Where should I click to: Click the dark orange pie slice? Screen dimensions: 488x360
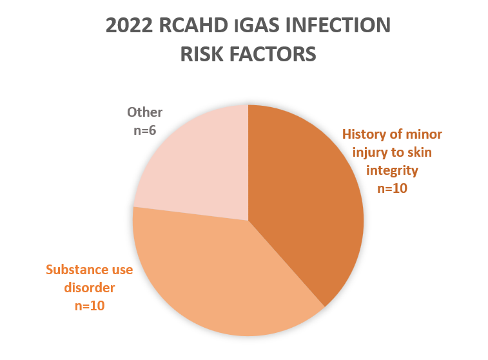[x=305, y=199]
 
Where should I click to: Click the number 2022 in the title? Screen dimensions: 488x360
[x=129, y=25]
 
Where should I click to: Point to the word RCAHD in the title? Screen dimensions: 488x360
[x=193, y=25]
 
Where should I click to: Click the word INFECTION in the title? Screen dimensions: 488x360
[x=338, y=25]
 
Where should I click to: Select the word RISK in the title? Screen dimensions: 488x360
[x=202, y=54]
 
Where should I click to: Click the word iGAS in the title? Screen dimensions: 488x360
[x=257, y=25]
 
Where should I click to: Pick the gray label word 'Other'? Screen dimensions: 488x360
[x=144, y=112]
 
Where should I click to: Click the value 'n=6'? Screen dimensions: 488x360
[x=144, y=130]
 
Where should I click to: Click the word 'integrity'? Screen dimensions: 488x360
[x=392, y=171]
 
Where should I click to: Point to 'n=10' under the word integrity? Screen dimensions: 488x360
[x=392, y=188]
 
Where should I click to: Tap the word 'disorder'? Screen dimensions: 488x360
[x=90, y=288]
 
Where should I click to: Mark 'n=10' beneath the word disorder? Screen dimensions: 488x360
[x=90, y=306]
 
